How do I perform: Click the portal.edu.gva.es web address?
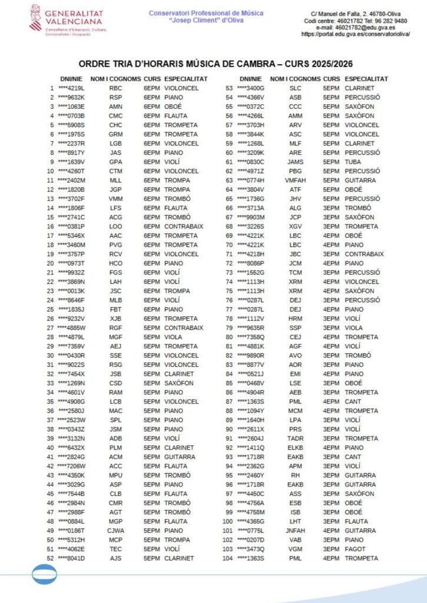(x=355, y=34)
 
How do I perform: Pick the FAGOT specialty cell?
(x=355, y=549)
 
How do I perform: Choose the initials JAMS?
(x=295, y=162)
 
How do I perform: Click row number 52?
(x=49, y=558)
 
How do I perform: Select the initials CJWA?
(x=116, y=531)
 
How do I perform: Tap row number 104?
(x=227, y=558)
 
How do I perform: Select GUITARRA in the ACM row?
(x=180, y=456)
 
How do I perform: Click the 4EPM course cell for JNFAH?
(x=331, y=531)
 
